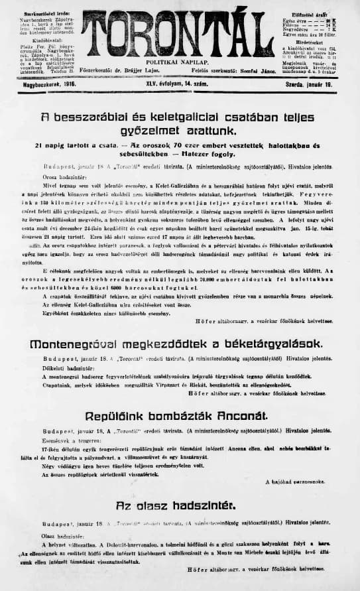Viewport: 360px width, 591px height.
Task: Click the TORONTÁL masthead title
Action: (178, 34)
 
